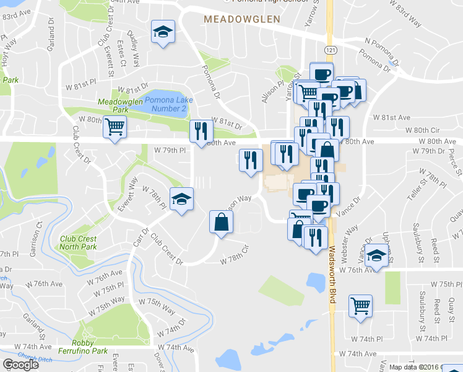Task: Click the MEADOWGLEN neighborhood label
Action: (x=242, y=20)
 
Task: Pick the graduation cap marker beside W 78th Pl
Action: (x=181, y=200)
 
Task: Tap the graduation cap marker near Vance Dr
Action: (x=376, y=255)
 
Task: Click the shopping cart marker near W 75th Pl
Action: (x=360, y=305)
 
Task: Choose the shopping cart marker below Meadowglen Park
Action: (x=115, y=128)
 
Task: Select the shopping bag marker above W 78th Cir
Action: (x=221, y=222)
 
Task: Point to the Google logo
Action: (x=21, y=365)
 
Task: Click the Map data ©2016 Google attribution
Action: (x=425, y=367)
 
